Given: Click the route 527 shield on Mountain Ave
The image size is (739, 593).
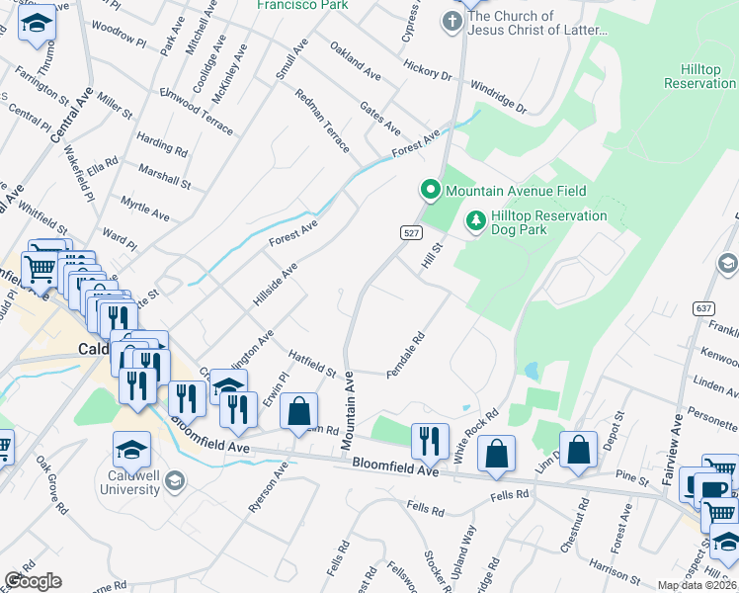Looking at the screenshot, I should pos(413,233).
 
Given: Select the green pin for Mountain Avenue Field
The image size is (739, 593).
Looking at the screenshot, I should pos(430,190).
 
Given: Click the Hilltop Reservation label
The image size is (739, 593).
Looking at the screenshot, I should pos(699,77).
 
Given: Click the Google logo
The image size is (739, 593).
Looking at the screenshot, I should pos(33,581).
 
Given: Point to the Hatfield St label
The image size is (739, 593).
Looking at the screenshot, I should pos(313,364).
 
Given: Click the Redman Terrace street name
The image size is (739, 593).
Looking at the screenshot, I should pos(323,120).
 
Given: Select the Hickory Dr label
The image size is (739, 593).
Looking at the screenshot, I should pos(427,69).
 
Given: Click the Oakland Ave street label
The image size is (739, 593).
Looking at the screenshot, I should pos(356,61).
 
